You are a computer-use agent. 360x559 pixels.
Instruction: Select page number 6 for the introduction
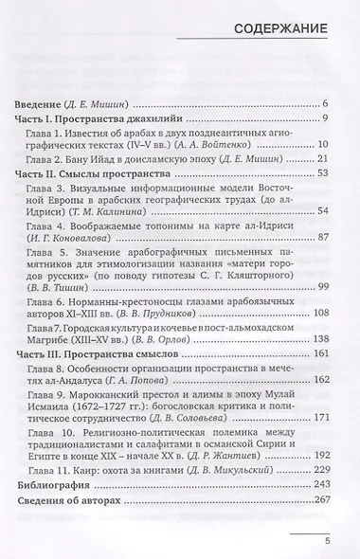point(324,101)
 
